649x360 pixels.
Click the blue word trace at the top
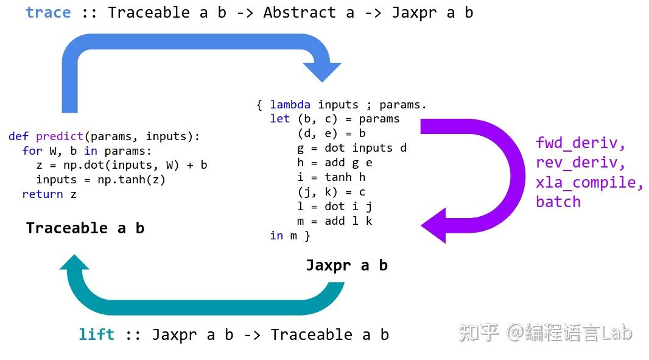[x=48, y=13]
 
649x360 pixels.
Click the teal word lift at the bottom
[x=96, y=334]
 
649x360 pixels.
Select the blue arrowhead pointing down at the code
[x=322, y=71]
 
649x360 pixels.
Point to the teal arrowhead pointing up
[x=74, y=263]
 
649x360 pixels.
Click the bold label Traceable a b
[x=85, y=228]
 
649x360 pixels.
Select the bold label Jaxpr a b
[x=346, y=266]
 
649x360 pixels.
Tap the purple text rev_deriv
[x=581, y=163]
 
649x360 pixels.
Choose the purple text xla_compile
[x=589, y=182]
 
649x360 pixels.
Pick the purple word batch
[x=558, y=202]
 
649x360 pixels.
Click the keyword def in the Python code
[x=19, y=136]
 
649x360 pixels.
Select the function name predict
[x=60, y=136]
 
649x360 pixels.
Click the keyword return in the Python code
[x=43, y=194]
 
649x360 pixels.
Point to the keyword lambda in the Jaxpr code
[x=290, y=105]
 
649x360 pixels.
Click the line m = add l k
[x=334, y=221]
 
